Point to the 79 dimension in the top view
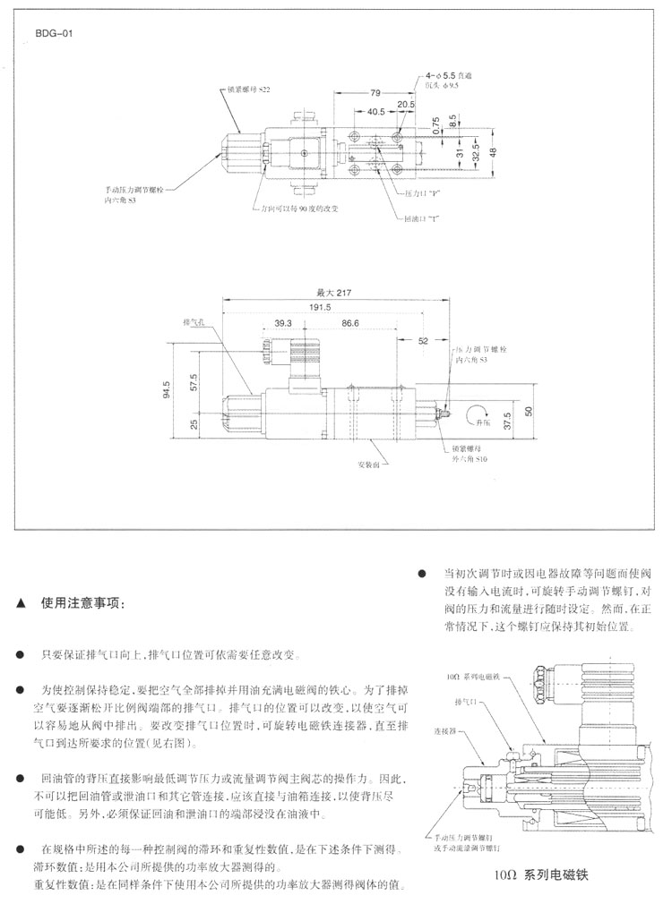click(x=375, y=92)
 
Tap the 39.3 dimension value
click(x=284, y=323)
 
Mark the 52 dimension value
click(x=423, y=340)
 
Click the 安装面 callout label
click(x=370, y=465)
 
